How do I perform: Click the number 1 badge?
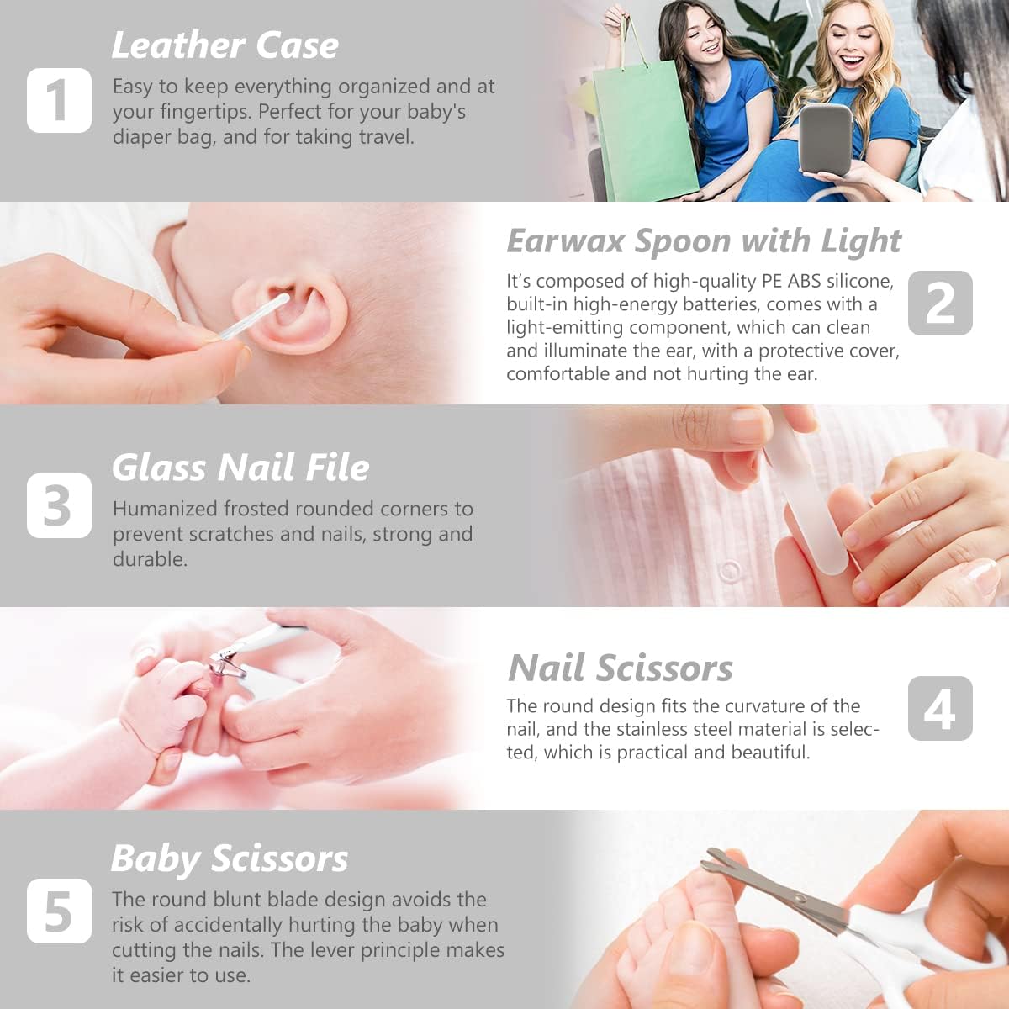(59, 101)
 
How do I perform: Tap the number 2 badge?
(940, 304)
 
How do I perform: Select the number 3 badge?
(59, 506)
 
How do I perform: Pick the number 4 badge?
(940, 709)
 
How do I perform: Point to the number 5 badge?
(59, 911)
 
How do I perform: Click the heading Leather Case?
(225, 45)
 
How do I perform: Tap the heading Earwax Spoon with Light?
(703, 241)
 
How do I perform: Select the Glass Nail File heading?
(240, 468)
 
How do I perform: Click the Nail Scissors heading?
(621, 668)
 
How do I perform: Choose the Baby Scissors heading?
(230, 858)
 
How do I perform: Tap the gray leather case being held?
(826, 140)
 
